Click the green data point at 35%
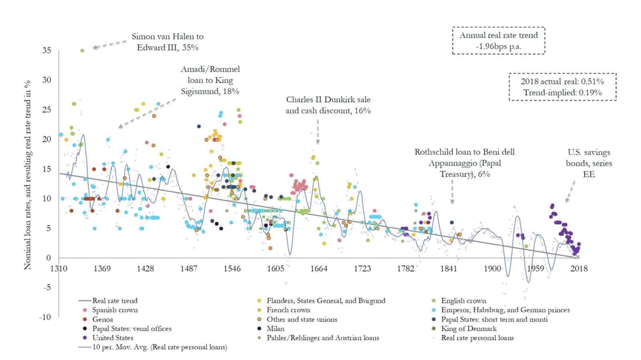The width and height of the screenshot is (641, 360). click(82, 51)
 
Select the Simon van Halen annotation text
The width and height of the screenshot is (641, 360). click(167, 42)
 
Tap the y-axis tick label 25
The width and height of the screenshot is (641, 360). click(47, 109)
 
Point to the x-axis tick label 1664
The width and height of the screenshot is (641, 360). click(319, 269)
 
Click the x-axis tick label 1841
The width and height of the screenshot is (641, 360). click(448, 269)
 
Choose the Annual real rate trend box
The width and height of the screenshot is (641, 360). click(499, 40)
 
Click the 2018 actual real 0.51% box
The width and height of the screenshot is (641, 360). click(562, 87)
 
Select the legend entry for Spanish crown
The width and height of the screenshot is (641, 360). click(115, 310)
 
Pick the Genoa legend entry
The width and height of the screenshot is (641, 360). click(102, 320)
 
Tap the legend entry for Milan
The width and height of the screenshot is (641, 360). click(275, 329)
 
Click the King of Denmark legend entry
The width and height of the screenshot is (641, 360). click(469, 329)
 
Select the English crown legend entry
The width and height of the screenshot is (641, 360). click(463, 301)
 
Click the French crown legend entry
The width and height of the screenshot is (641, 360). click(288, 310)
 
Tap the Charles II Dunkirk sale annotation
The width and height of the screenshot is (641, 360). click(328, 105)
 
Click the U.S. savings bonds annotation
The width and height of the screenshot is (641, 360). click(589, 163)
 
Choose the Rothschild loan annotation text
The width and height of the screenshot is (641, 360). click(465, 163)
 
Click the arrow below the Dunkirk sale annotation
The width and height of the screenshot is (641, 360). click(318, 132)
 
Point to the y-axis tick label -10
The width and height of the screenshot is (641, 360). click(45, 317)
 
